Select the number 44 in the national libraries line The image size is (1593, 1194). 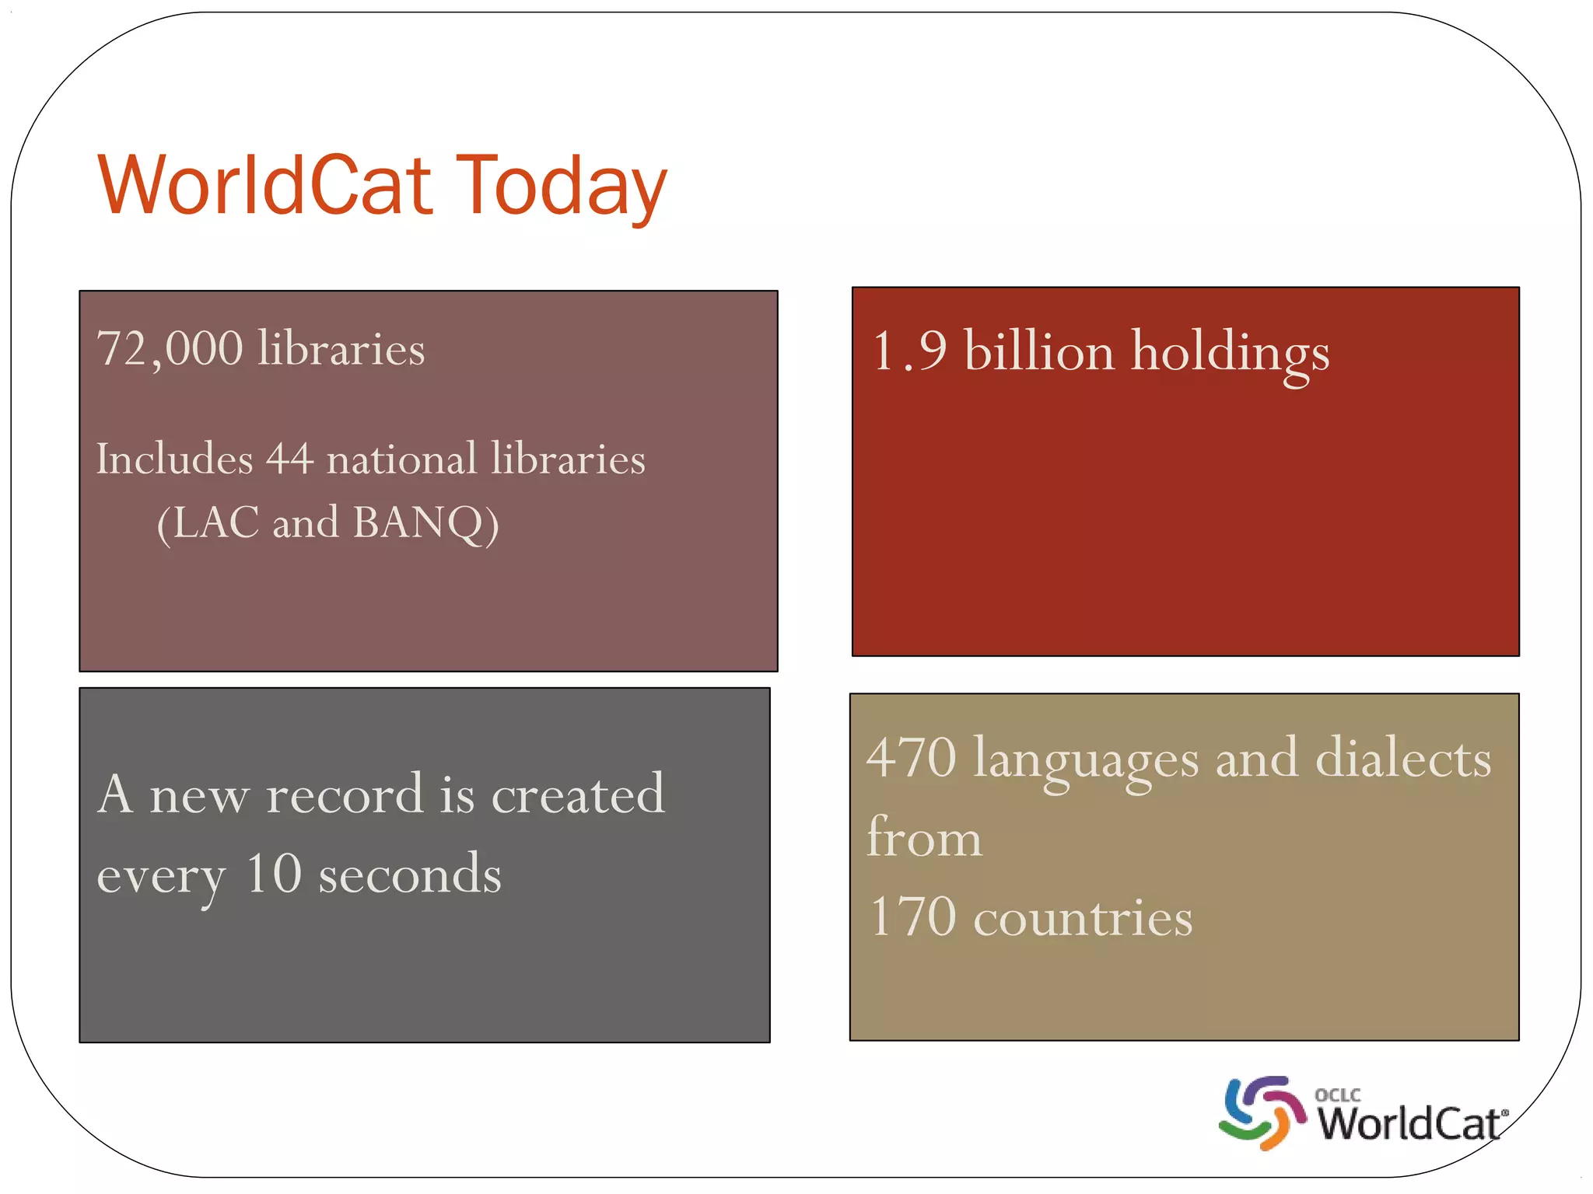(289, 458)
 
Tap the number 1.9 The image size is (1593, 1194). (909, 351)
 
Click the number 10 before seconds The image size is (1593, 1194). (273, 874)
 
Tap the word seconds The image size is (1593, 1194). (410, 874)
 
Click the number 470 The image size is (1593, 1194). (911, 757)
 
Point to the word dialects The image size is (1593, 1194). (1403, 757)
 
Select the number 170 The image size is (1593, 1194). (912, 916)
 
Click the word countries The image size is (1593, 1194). (1083, 918)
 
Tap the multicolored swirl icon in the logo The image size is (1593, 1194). (1262, 1112)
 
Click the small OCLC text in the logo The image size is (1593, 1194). (1337, 1094)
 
